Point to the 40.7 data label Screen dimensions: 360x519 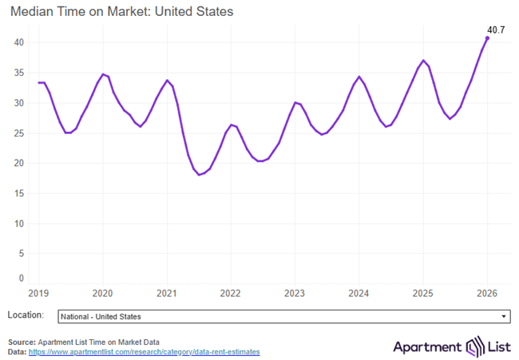pyautogui.click(x=495, y=30)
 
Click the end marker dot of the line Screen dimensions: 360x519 pyautogui.click(x=487, y=38)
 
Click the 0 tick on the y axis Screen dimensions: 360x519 pyautogui.click(x=22, y=279)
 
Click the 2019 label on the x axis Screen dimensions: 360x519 pyautogui.click(x=38, y=293)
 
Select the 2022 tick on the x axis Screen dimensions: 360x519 pyautogui.click(x=230, y=293)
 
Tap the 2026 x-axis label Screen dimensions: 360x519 pyautogui.click(x=487, y=293)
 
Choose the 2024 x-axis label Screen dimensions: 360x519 pyautogui.click(x=359, y=293)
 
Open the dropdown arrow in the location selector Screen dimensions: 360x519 pyautogui.click(x=503, y=317)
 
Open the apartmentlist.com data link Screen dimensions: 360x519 pyautogui.click(x=145, y=352)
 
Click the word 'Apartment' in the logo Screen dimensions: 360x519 pyautogui.click(x=427, y=346)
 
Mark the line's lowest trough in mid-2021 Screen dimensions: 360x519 pyautogui.click(x=200, y=174)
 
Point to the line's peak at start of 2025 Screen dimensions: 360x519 pyautogui.click(x=424, y=61)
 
